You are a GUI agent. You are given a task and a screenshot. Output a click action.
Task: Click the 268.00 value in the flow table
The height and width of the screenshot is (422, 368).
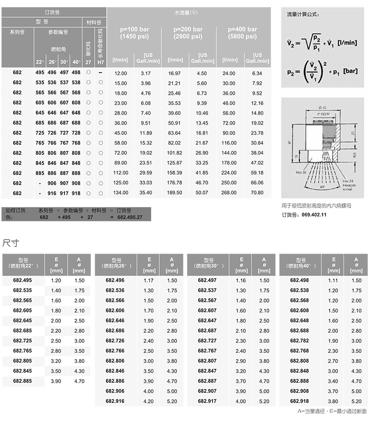tap(228, 193)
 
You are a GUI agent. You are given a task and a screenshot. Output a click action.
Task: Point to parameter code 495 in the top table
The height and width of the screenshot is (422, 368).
tap(40, 73)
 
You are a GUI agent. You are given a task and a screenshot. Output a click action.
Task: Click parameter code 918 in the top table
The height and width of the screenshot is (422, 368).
tap(76, 193)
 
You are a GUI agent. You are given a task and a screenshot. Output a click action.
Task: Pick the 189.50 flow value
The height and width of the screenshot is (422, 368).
tap(174, 193)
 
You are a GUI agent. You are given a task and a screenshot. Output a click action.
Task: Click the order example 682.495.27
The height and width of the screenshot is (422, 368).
tap(129, 217)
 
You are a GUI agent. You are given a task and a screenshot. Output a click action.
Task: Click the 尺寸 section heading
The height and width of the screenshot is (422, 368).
tap(11, 243)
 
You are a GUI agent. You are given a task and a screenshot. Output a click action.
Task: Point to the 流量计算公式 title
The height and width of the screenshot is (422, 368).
tap(302, 15)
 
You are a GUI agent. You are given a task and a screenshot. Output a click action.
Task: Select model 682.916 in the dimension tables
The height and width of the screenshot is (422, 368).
tap(115, 401)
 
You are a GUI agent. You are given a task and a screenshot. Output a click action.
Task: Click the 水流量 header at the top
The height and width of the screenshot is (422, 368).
tap(187, 11)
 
